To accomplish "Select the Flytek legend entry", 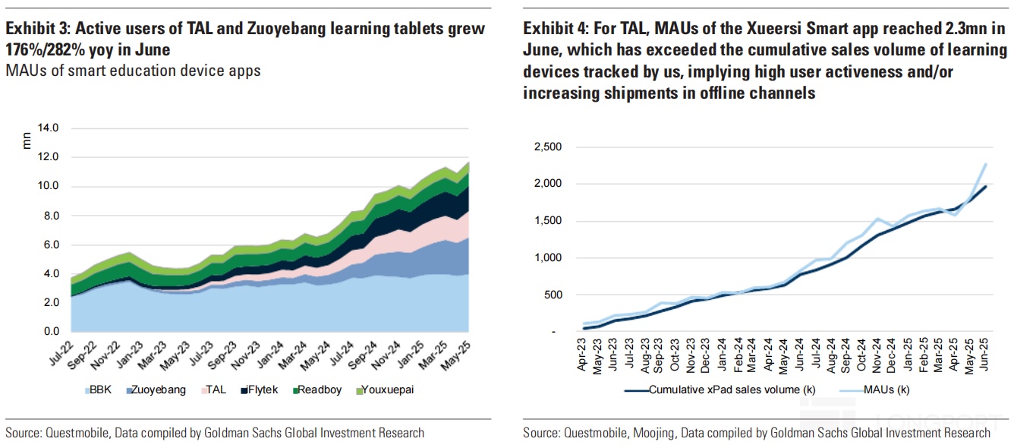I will click(260, 390).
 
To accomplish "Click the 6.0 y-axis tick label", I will click(51, 245).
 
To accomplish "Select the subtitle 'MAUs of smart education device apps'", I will click(133, 71).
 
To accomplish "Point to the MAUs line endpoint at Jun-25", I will click(985, 163).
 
